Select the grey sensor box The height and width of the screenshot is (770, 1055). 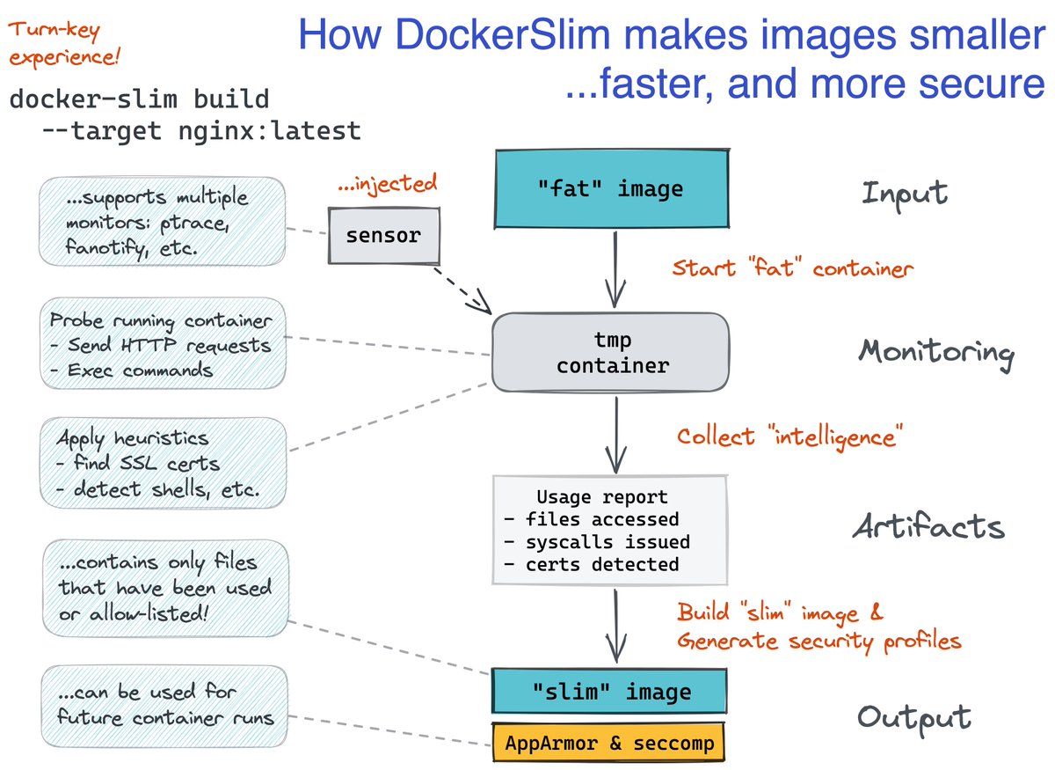click(x=383, y=236)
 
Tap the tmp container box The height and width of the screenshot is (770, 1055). click(x=611, y=352)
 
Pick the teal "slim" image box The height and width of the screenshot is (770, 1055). click(x=609, y=692)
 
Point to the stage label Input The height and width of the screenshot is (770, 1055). click(x=905, y=193)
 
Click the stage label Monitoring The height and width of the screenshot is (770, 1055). click(x=935, y=352)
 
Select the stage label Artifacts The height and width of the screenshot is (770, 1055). click(x=928, y=526)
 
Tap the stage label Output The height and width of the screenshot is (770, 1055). click(x=914, y=716)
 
